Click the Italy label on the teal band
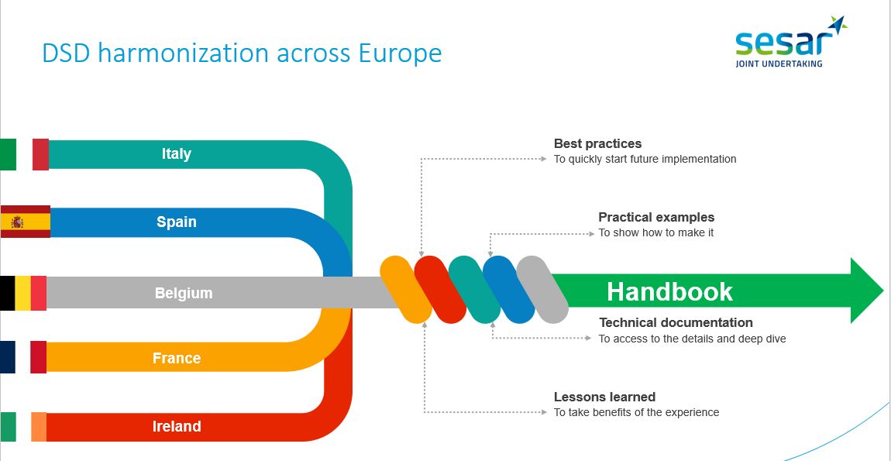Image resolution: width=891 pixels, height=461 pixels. pyautogui.click(x=176, y=154)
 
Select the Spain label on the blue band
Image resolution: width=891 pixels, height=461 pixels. pyautogui.click(x=176, y=222)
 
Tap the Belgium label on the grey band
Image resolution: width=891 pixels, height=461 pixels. pyautogui.click(x=184, y=294)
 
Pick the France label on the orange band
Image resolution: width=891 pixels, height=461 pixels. pyautogui.click(x=176, y=358)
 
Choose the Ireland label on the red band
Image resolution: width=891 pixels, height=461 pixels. pyautogui.click(x=176, y=426)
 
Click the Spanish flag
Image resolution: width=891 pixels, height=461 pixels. pyautogui.click(x=25, y=222)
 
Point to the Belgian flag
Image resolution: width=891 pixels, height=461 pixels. pyautogui.click(x=22, y=294)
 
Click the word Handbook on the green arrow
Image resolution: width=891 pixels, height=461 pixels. pyautogui.click(x=669, y=291)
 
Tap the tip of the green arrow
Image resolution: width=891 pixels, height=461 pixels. pyautogui.click(x=883, y=291)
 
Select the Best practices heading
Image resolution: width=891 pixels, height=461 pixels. pyautogui.click(x=597, y=144)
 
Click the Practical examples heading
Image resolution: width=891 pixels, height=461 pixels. pyautogui.click(x=656, y=217)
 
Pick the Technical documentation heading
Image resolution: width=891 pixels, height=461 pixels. pyautogui.click(x=676, y=323)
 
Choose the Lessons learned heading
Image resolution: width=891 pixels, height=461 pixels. pyautogui.click(x=604, y=397)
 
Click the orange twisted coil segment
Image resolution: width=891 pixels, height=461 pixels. pyautogui.click(x=406, y=290)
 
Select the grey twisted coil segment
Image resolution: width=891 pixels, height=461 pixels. pyautogui.click(x=542, y=290)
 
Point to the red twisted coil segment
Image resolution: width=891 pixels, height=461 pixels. pyautogui.click(x=440, y=290)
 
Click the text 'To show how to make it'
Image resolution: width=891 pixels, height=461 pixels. pyautogui.click(x=655, y=233)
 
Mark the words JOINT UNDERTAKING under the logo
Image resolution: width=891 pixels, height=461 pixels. pyautogui.click(x=779, y=64)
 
